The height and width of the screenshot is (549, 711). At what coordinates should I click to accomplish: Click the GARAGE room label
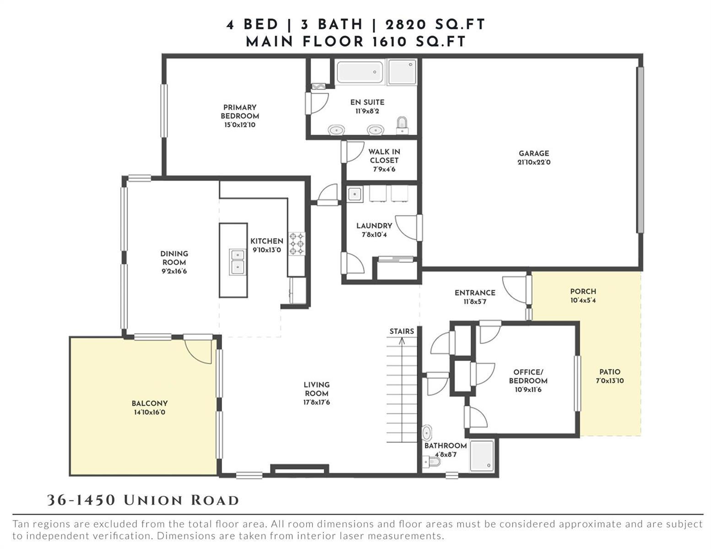click(x=534, y=153)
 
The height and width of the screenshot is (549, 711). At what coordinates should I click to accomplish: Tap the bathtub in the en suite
click(x=360, y=72)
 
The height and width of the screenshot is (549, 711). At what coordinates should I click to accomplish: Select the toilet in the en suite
click(x=402, y=125)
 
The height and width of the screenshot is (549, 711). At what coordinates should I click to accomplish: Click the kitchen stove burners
click(x=297, y=243)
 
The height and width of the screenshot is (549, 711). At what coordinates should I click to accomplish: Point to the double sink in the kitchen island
click(x=238, y=262)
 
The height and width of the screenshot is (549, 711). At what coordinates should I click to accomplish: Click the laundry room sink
click(x=355, y=194)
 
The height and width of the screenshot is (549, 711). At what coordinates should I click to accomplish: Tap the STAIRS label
click(x=402, y=331)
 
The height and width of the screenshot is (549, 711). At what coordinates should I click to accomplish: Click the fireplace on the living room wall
click(x=299, y=470)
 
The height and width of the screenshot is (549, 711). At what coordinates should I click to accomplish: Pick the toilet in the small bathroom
click(x=431, y=462)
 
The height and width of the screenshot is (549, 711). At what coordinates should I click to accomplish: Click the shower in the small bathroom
click(x=481, y=456)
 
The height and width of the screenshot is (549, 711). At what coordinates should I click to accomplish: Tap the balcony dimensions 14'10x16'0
click(x=150, y=412)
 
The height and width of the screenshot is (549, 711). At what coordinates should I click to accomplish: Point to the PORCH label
click(x=583, y=291)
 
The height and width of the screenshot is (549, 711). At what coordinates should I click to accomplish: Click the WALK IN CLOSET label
click(x=384, y=156)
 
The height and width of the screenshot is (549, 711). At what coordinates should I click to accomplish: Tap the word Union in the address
click(x=153, y=501)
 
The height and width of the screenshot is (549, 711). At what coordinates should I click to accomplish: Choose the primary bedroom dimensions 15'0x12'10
click(x=240, y=124)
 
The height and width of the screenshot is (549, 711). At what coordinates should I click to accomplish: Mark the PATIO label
click(x=610, y=372)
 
